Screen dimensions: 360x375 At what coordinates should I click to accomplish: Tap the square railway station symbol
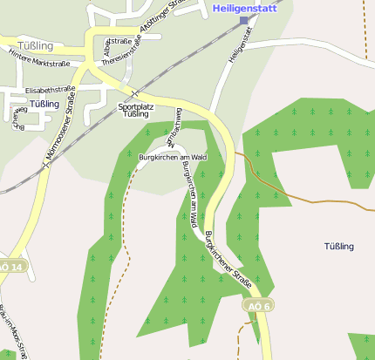[243, 20]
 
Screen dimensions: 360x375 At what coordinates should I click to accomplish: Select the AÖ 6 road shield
[258, 306]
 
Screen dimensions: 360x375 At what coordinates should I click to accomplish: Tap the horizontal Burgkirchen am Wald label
[172, 157]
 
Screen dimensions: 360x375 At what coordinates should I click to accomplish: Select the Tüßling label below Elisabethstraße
[44, 104]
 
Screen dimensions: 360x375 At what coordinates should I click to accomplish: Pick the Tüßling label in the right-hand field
[339, 247]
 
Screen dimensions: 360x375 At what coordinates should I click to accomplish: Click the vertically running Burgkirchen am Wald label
[189, 196]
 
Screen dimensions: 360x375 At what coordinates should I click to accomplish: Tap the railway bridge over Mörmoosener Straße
[46, 161]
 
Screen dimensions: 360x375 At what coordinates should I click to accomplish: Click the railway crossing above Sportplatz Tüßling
[133, 92]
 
